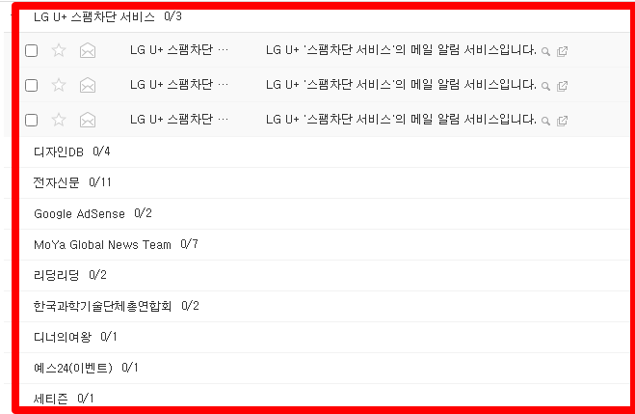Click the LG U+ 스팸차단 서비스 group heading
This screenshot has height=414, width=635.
pyautogui.click(x=94, y=16)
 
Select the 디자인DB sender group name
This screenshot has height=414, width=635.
pyautogui.click(x=59, y=152)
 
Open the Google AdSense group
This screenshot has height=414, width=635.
pyautogui.click(x=79, y=213)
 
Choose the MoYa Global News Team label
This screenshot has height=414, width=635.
pyautogui.click(x=102, y=244)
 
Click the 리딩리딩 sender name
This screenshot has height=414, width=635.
pyautogui.click(x=57, y=275)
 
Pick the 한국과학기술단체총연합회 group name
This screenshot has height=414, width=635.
pyautogui.click(x=102, y=306)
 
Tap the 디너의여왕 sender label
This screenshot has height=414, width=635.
pyautogui.click(x=63, y=337)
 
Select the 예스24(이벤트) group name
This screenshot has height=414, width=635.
pyautogui.click(x=73, y=368)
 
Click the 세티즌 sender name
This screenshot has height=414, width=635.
pyautogui.click(x=51, y=398)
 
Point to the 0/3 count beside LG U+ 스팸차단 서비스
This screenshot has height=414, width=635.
pyautogui.click(x=173, y=16)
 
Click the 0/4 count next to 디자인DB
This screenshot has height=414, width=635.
pyautogui.click(x=102, y=152)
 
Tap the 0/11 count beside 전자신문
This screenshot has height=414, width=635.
pyautogui.click(x=100, y=182)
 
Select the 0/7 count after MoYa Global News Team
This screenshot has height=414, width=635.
pyautogui.click(x=190, y=244)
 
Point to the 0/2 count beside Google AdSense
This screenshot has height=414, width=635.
pyautogui.click(x=144, y=213)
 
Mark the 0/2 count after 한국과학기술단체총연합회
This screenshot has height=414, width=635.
pyautogui.click(x=191, y=306)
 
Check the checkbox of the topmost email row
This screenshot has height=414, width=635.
pyautogui.click(x=31, y=50)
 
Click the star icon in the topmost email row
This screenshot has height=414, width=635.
pyautogui.click(x=59, y=50)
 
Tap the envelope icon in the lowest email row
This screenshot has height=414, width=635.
pyautogui.click(x=88, y=120)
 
